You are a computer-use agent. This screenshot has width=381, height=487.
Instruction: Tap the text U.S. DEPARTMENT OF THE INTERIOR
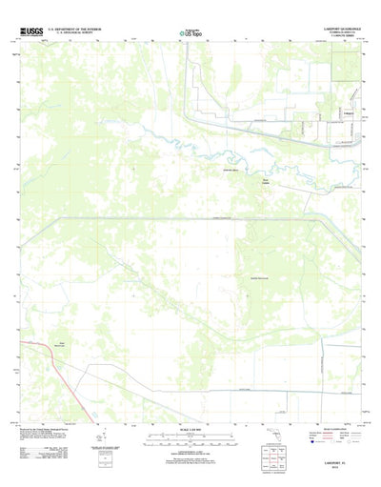click(82, 30)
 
